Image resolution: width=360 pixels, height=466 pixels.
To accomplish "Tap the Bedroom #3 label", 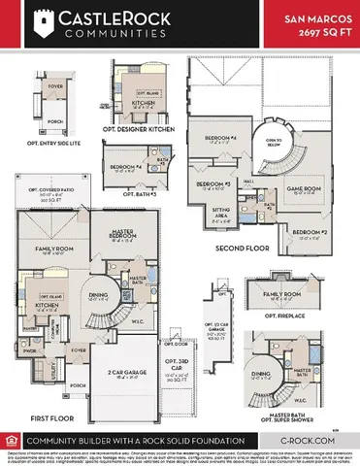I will (x=213, y=183).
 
